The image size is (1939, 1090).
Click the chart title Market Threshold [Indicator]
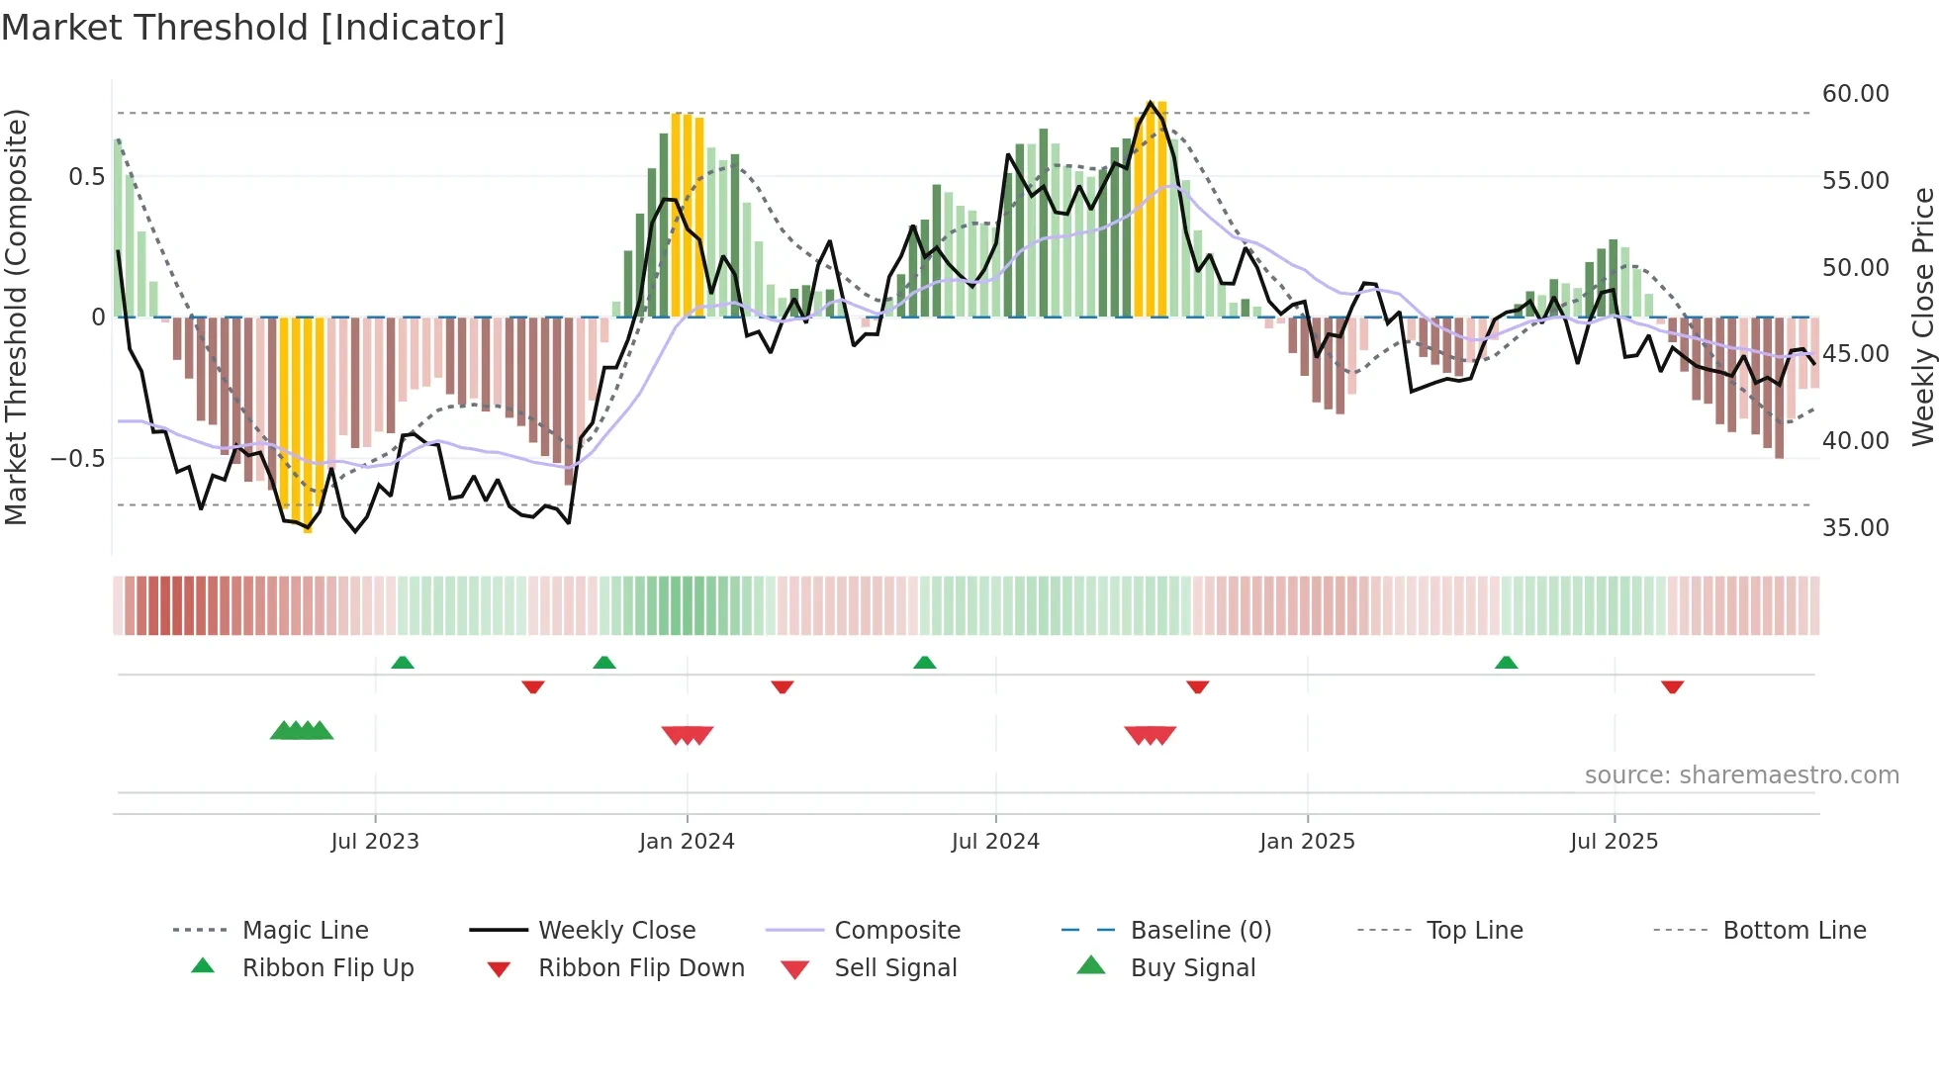tap(253, 28)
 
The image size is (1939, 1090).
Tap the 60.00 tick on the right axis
tap(1855, 94)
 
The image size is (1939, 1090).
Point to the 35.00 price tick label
tap(1855, 528)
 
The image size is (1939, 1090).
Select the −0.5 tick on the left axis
tap(77, 459)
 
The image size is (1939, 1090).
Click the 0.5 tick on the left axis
tap(86, 177)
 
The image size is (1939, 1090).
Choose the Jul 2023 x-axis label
tap(375, 842)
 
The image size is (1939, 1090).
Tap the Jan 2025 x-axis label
tap(1307, 842)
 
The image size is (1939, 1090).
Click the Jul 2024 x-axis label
tap(995, 842)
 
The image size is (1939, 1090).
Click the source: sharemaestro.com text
tap(1741, 775)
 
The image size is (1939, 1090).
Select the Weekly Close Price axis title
tap(1922, 317)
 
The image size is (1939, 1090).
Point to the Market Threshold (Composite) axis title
tap(16, 317)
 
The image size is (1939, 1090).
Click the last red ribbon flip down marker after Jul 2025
tap(1672, 686)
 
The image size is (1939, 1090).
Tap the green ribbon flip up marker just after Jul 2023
tap(402, 663)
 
